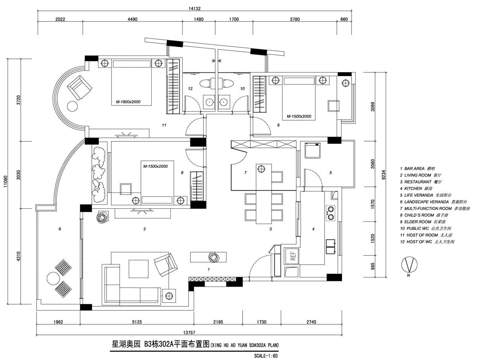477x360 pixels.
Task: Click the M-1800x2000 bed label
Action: click(126, 102)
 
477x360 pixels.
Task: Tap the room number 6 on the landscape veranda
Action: click(60, 229)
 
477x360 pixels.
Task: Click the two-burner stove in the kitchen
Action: click(330, 213)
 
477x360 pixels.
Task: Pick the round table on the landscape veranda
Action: click(52, 277)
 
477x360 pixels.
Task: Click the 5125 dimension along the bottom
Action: click(136, 322)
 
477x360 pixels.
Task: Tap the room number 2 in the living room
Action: click(145, 229)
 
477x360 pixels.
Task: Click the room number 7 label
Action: click(245, 173)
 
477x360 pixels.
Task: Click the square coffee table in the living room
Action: click(139, 269)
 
